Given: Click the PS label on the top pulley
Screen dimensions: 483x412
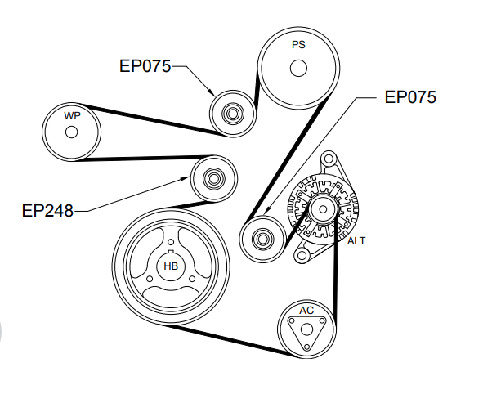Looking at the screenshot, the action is coord(298,45).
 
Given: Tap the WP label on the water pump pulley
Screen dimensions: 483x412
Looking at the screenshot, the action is coord(72,115).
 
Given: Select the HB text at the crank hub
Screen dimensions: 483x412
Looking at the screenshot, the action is coord(171,266).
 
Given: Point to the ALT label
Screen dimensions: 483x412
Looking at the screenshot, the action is coord(356,240).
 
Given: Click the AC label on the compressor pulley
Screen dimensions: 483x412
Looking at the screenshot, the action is coord(306,311).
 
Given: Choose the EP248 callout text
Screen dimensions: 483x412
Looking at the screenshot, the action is coord(47,211).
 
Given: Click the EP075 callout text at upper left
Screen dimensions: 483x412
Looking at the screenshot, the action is coord(145,66).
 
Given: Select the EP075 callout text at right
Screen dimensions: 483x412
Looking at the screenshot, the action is coord(410,97).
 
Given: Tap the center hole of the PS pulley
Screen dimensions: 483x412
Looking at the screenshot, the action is coord(298,68).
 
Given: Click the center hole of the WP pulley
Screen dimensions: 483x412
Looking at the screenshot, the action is coord(71,132).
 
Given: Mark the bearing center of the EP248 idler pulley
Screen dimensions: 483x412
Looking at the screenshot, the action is coord(213,178).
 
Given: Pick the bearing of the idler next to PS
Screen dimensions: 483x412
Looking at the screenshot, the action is coord(233,114).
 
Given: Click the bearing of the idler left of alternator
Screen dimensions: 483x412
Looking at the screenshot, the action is coord(262,239).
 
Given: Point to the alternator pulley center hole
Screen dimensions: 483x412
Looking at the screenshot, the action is coord(323,209).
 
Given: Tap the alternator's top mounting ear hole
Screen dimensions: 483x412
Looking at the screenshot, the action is coord(329,159).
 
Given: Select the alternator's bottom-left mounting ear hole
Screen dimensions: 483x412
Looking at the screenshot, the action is coord(302,256).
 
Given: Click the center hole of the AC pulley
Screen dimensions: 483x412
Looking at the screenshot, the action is coord(306,329).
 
